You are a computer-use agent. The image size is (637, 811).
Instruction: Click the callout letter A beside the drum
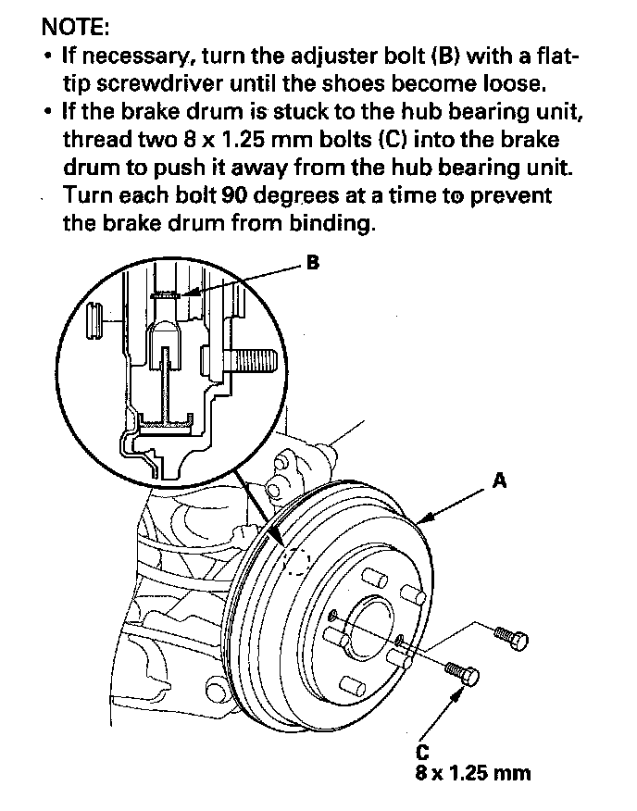500,481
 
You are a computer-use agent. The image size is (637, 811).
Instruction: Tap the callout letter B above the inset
313,264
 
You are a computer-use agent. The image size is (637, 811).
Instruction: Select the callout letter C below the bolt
421,751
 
